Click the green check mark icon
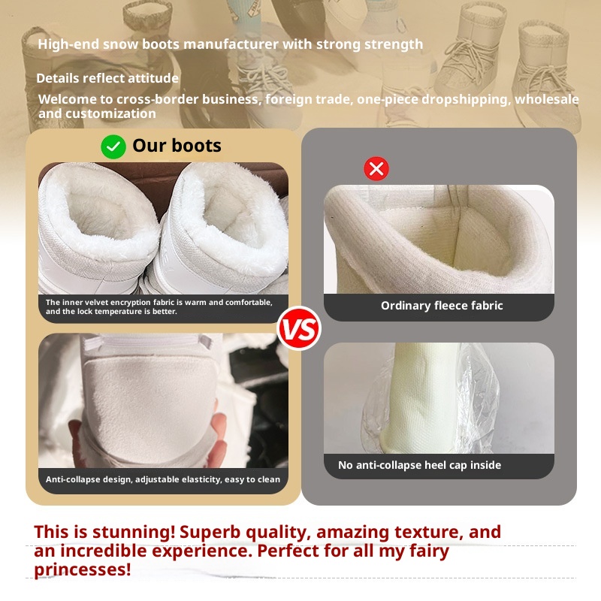click(113, 146)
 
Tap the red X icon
click(376, 168)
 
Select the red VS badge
click(299, 329)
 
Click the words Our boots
click(177, 146)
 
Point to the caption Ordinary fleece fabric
click(442, 306)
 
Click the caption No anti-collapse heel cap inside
click(419, 465)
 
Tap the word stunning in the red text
click(134, 532)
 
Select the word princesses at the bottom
click(82, 569)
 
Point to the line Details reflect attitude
click(107, 78)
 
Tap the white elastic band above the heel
click(147, 343)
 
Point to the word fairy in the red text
click(429, 551)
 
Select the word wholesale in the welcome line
click(547, 99)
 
